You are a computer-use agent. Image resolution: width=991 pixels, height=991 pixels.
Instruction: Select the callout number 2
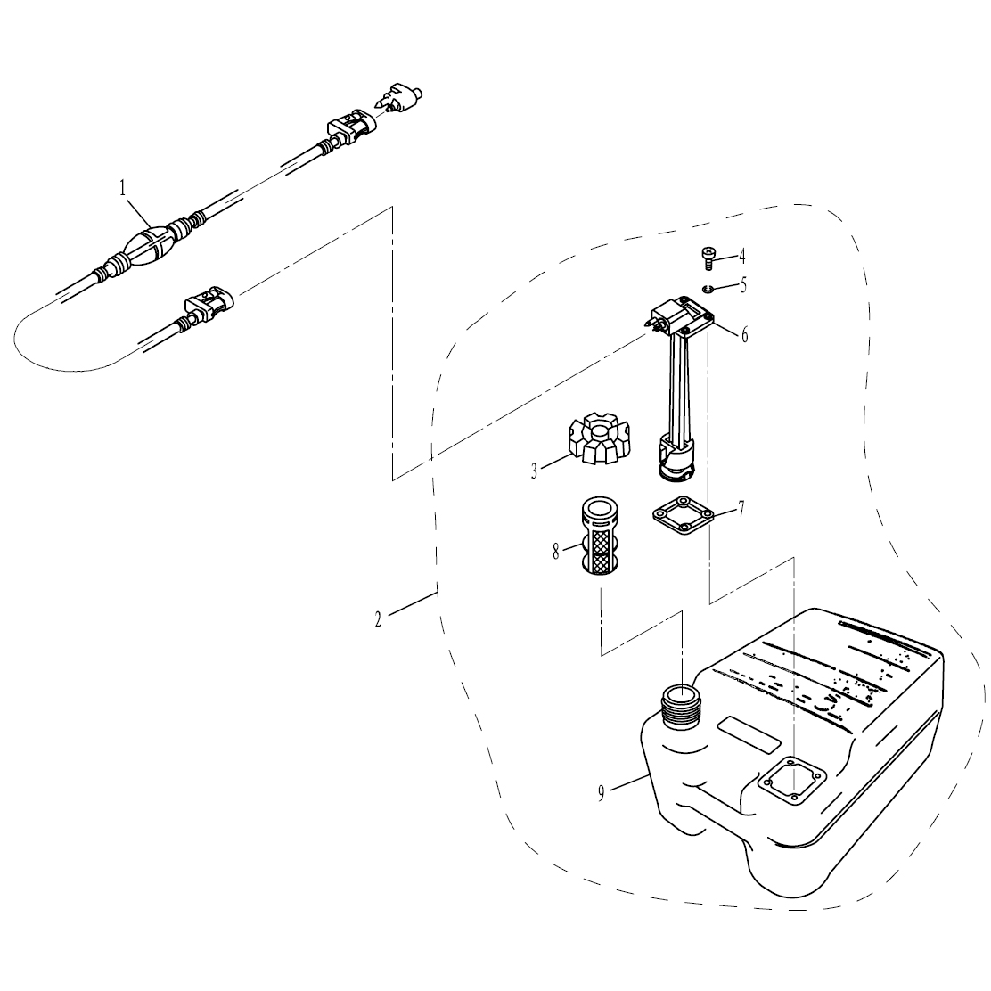tap(378, 619)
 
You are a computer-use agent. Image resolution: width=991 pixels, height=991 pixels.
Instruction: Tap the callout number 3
tap(534, 471)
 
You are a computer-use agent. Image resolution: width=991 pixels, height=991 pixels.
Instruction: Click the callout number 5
tap(742, 287)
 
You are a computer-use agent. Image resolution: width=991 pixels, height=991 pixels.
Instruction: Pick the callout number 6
tap(744, 335)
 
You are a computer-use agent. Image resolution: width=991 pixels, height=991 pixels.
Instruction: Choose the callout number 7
tap(741, 510)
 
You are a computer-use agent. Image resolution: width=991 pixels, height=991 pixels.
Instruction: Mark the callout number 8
tap(556, 552)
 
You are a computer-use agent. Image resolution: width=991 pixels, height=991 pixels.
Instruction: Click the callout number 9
tap(602, 792)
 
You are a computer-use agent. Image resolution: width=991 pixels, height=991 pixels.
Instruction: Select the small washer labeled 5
tap(708, 289)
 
